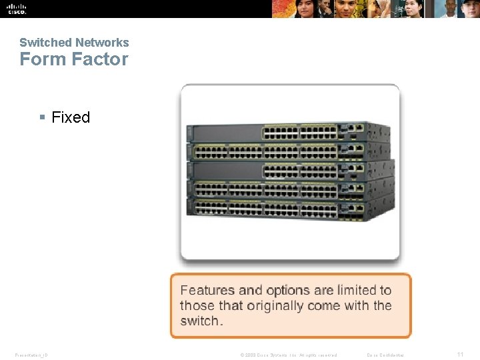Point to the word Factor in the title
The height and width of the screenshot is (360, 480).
(100, 59)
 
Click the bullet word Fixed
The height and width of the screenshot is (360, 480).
(71, 117)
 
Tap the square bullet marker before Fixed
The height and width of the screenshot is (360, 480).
(42, 118)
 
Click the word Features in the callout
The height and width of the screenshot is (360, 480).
(207, 290)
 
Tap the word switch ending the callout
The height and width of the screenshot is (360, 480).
(199, 321)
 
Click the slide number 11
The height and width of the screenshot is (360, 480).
(460, 355)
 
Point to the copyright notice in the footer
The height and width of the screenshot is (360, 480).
(288, 355)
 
